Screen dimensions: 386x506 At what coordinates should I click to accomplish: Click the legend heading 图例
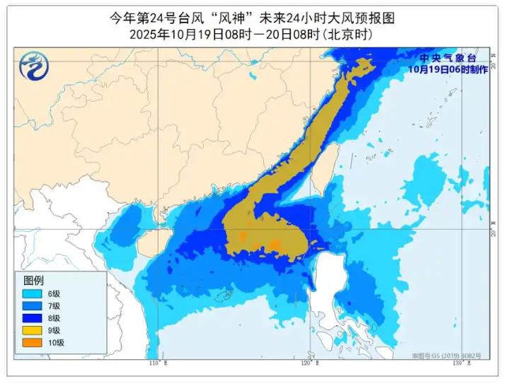(33, 281)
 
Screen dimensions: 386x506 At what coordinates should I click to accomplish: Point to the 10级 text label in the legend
(57, 343)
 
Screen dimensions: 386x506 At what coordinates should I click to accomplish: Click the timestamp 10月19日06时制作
(444, 69)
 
